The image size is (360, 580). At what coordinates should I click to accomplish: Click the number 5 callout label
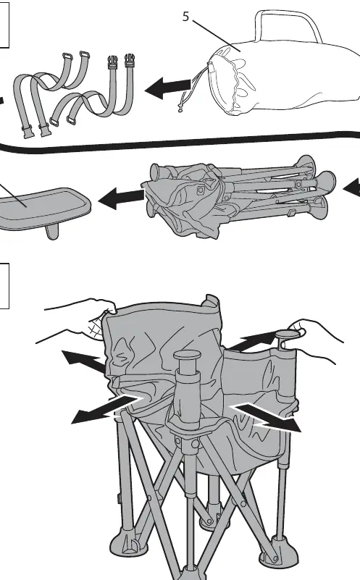coord(185,17)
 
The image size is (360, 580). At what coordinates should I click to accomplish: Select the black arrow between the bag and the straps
coord(169,88)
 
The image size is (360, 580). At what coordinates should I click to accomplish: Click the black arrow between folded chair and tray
coord(122,198)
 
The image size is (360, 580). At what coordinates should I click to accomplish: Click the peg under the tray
coord(51,232)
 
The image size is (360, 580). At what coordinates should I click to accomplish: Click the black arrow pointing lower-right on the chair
coord(267,417)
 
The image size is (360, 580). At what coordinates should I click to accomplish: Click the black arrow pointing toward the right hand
coord(255,341)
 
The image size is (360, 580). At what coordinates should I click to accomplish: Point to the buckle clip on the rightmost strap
coord(130,59)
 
